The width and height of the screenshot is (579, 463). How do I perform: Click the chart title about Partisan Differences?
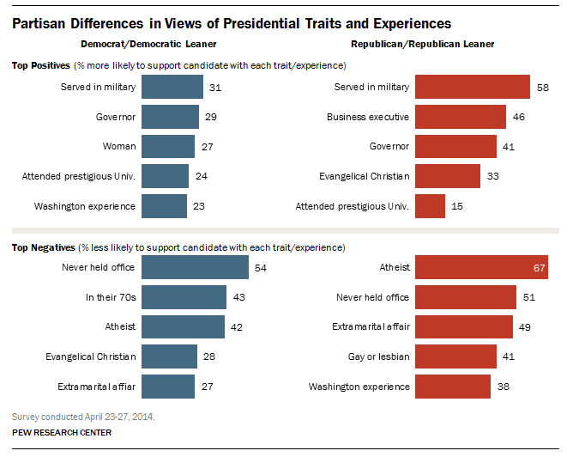point(232,23)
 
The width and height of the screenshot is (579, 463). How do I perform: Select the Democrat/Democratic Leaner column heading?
point(148,44)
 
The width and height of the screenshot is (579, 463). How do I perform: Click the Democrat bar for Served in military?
point(172,87)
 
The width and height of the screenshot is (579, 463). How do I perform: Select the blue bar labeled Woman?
point(167,147)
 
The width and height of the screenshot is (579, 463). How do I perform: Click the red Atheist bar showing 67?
point(481,267)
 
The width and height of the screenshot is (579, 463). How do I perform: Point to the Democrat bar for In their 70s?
point(183,297)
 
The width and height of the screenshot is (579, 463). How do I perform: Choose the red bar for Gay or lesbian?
point(455,356)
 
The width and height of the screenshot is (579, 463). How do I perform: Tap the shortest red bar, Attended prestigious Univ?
point(430,206)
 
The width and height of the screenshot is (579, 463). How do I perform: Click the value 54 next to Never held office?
point(261,268)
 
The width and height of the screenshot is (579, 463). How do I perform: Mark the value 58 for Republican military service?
point(542,88)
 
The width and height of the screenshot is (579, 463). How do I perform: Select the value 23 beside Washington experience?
point(198,207)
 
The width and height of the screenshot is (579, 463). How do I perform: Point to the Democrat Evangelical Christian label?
point(90,356)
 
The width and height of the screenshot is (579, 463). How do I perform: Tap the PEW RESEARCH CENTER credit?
point(62,432)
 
